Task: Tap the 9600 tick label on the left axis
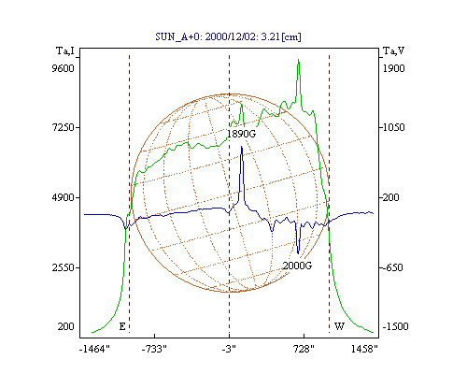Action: tap(63, 68)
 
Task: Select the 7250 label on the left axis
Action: tap(63, 127)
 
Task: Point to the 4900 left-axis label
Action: tap(63, 197)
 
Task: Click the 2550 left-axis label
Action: tap(63, 267)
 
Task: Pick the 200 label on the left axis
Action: tap(66, 326)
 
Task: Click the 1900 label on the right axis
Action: tap(394, 68)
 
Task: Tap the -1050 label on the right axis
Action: tap(392, 127)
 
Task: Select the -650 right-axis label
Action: tap(391, 267)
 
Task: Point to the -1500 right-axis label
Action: tap(395, 326)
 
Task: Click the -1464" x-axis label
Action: tap(94, 349)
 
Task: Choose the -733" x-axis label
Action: tap(154, 349)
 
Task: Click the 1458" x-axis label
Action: tap(364, 349)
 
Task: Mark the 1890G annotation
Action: tap(241, 134)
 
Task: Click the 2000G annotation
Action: tap(297, 266)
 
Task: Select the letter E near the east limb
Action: tap(122, 326)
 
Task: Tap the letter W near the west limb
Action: tap(339, 326)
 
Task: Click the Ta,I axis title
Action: tap(65, 50)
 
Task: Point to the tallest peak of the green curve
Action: tap(298, 60)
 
